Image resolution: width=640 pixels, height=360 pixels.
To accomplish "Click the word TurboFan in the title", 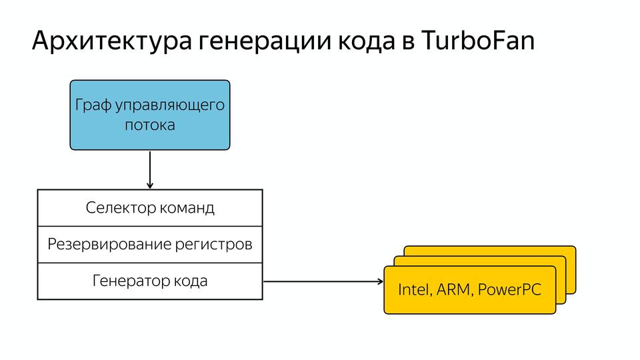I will pyautogui.click(x=478, y=41).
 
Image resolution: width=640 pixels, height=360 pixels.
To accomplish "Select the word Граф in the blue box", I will pyautogui.click(x=91, y=105).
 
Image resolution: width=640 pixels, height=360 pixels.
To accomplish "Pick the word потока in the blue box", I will pyautogui.click(x=150, y=125).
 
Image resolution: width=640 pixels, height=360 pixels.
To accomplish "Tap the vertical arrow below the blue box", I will pyautogui.click(x=150, y=169).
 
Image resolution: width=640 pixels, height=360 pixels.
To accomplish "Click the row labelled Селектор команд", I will pyautogui.click(x=150, y=208).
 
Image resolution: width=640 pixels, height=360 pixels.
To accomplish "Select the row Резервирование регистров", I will pyautogui.click(x=150, y=245).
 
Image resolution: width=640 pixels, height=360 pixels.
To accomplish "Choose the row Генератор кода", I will pyautogui.click(x=150, y=281).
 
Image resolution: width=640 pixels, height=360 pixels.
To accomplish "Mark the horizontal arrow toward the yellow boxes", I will pyautogui.click(x=320, y=281).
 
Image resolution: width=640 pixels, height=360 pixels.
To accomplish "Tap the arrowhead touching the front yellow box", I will pyautogui.click(x=379, y=281).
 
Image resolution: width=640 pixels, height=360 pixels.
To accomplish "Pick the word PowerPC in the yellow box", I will pyautogui.click(x=511, y=290).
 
